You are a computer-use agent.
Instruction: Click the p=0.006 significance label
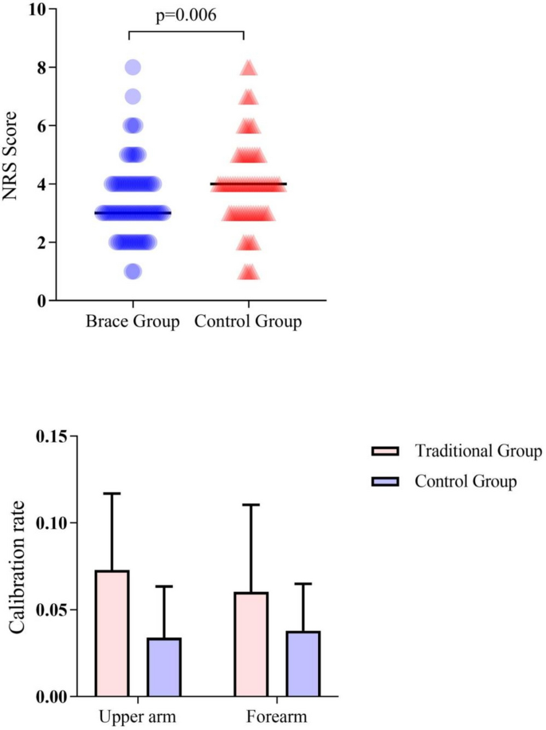[x=187, y=15]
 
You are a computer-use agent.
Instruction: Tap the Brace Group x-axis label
[x=132, y=322]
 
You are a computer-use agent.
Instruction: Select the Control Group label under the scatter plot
[x=249, y=322]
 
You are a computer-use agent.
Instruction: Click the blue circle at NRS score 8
[x=132, y=68]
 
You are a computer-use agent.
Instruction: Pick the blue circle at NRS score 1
[x=132, y=272]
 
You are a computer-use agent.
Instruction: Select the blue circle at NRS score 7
[x=132, y=97]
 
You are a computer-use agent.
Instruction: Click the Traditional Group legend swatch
[x=386, y=452]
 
